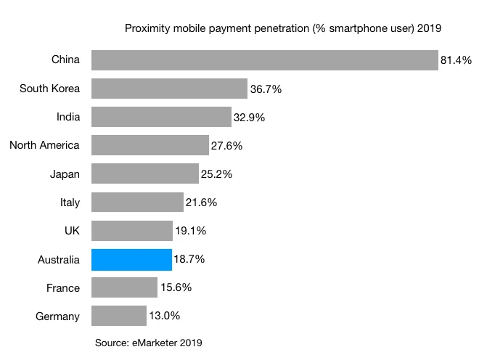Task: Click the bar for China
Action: [x=265, y=60]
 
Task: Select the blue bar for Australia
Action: [x=131, y=259]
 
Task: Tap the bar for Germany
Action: [x=119, y=316]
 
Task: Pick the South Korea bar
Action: [x=169, y=89]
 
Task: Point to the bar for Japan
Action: [x=145, y=173]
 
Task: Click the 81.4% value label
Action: [x=457, y=61]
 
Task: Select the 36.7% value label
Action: [x=266, y=89]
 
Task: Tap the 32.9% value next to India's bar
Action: [x=249, y=118]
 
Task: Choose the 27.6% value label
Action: [x=226, y=146]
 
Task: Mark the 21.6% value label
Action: [x=201, y=202]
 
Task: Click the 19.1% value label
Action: [x=190, y=231]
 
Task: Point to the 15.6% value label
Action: [x=175, y=287]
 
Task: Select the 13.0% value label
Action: [x=164, y=316]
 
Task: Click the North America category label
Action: [x=44, y=145]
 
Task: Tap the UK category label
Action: [x=72, y=231]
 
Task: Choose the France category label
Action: [x=62, y=287]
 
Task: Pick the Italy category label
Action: [x=70, y=202]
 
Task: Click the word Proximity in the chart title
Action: [x=147, y=28]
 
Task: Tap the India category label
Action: [x=68, y=117]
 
